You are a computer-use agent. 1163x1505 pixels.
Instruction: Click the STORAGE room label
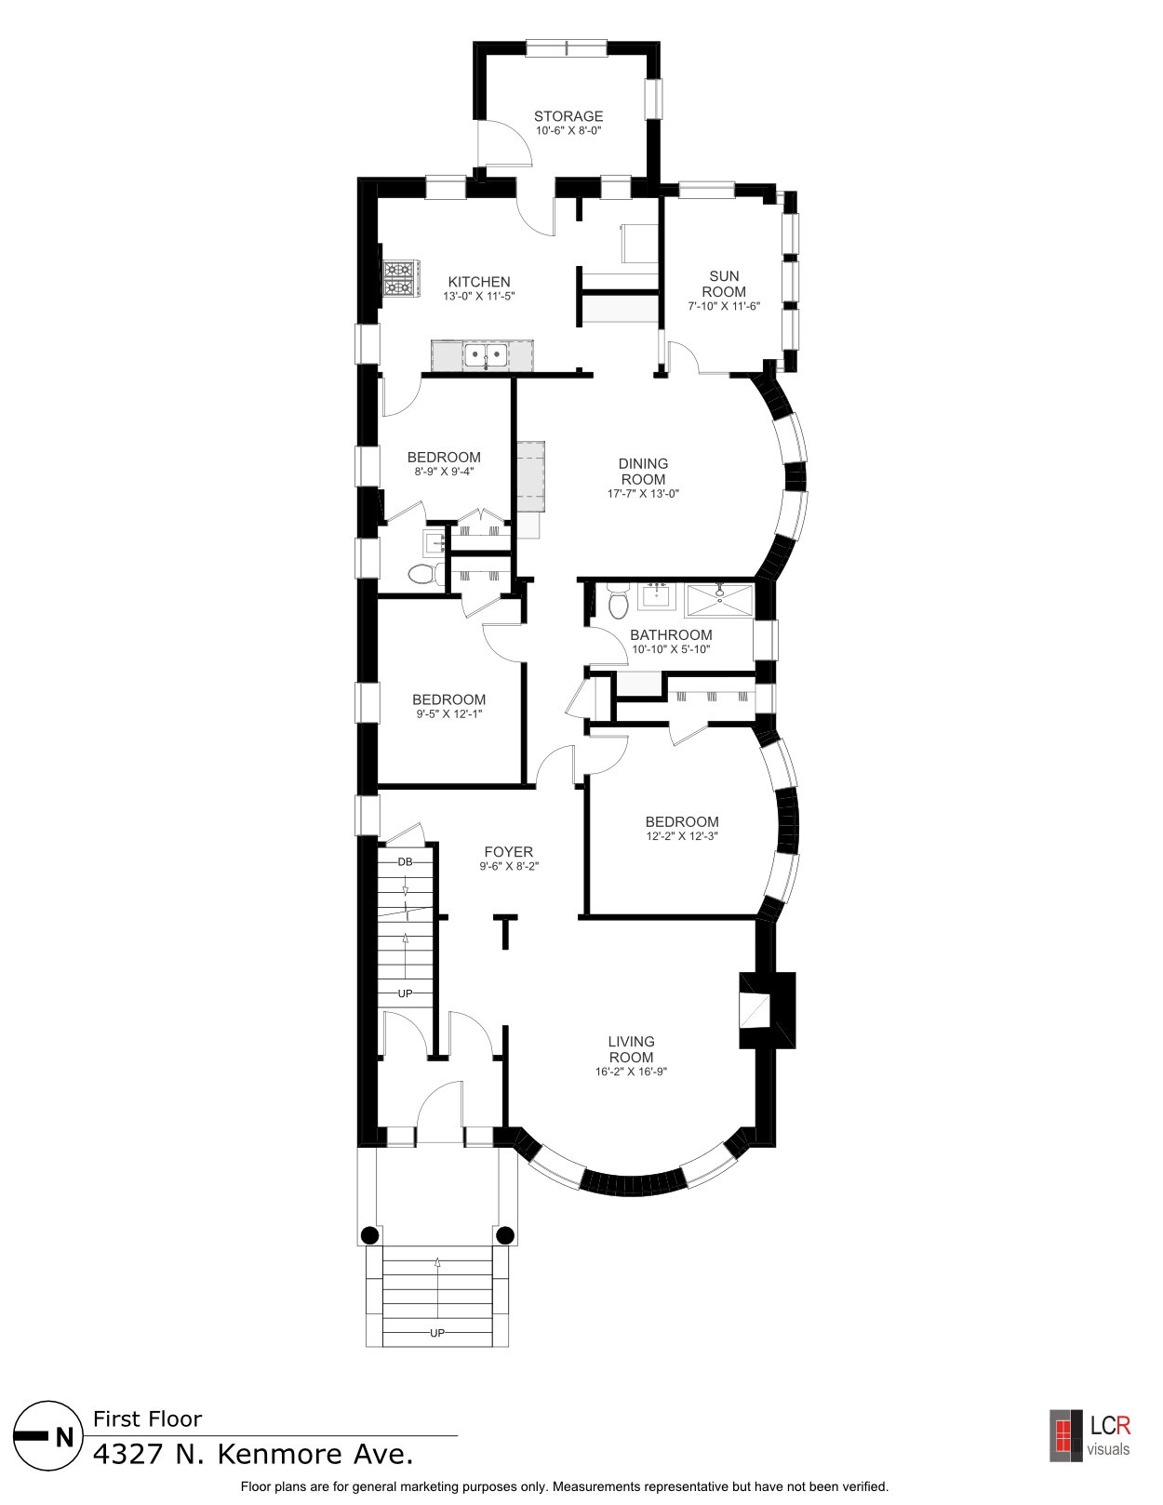[x=568, y=116]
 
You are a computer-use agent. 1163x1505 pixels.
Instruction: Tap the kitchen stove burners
[x=398, y=279]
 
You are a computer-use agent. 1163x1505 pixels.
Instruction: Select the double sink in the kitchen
[x=487, y=355]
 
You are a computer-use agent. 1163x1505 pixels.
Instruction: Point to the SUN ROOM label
[x=724, y=284]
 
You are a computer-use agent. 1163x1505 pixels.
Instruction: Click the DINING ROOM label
[x=644, y=471]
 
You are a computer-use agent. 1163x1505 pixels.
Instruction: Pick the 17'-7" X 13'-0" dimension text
[x=644, y=494]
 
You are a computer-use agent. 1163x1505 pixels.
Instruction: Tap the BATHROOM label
[x=671, y=635]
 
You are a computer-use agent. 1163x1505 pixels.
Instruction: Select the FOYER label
[x=508, y=852]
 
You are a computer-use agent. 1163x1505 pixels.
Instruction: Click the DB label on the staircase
[x=406, y=861]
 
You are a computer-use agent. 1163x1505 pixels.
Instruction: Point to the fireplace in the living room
[x=766, y=1010]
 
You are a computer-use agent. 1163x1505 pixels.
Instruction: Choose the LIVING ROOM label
[x=631, y=1049]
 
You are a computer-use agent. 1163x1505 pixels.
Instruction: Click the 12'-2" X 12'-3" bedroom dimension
[x=682, y=836]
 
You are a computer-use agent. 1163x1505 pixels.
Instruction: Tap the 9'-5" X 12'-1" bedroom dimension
[x=448, y=713]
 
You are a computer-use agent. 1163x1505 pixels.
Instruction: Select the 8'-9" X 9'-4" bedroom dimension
[x=444, y=471]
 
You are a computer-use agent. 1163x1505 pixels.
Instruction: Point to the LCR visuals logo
[x=1089, y=1435]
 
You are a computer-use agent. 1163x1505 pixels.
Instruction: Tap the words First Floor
[x=148, y=1419]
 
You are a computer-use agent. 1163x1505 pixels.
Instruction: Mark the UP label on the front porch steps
[x=437, y=1333]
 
